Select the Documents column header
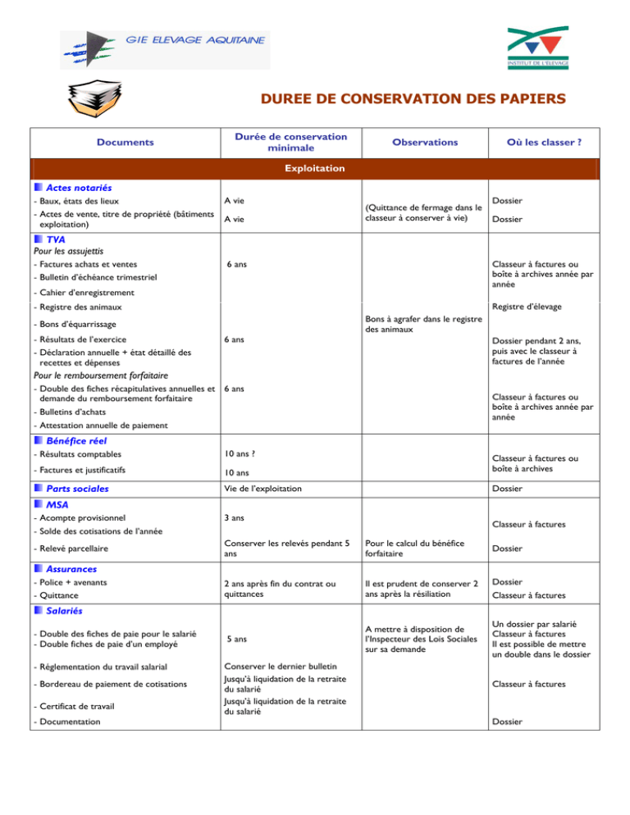123,142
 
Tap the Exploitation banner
314,168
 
